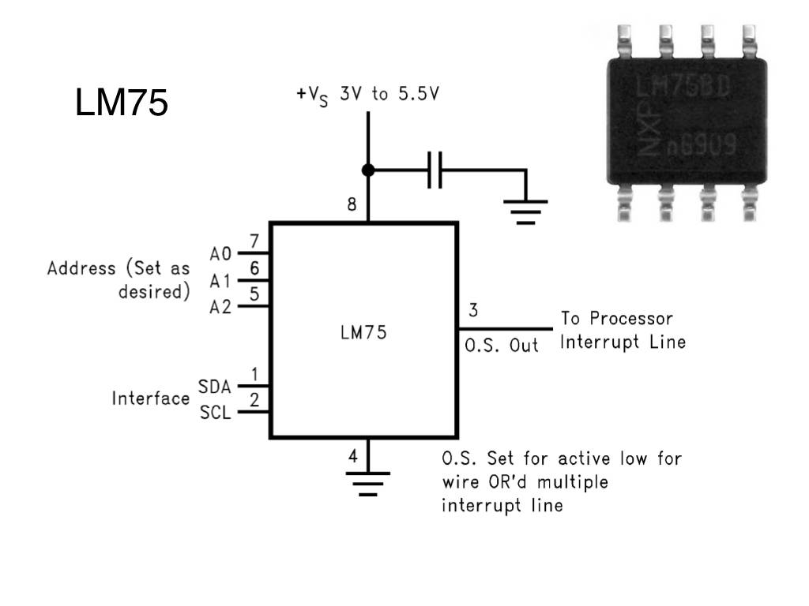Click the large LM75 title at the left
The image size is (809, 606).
point(122,103)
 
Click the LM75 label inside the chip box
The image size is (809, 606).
point(363,333)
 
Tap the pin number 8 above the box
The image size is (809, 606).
point(352,205)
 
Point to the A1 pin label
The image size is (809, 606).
point(220,281)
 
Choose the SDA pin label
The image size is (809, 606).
point(215,387)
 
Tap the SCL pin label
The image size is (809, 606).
point(215,412)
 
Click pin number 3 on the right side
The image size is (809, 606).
point(472,309)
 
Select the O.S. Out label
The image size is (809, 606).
point(502,346)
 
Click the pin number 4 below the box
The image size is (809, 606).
point(353,455)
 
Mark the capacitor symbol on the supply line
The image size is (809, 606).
point(434,170)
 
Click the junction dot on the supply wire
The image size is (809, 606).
point(367,170)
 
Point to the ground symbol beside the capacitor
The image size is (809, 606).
point(525,210)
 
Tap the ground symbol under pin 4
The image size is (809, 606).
point(367,481)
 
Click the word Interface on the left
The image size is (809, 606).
point(150,398)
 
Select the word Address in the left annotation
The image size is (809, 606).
point(81,268)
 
